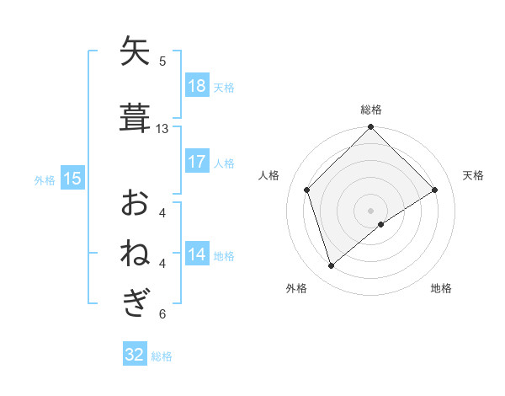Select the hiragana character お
(x=136, y=203)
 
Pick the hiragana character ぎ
(x=136, y=302)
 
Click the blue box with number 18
(x=197, y=86)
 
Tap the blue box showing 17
(x=197, y=162)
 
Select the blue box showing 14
(x=197, y=254)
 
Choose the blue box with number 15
(x=72, y=179)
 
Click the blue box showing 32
(x=135, y=355)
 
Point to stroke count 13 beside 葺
(x=162, y=129)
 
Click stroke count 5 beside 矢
(x=162, y=61)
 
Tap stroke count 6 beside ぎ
(x=162, y=314)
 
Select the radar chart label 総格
(x=371, y=110)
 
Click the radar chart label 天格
(x=473, y=175)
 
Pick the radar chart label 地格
(x=441, y=288)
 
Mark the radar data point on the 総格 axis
(x=371, y=128)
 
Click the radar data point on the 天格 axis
(x=435, y=190)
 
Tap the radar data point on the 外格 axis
(x=331, y=266)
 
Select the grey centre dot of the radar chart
(x=371, y=210)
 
